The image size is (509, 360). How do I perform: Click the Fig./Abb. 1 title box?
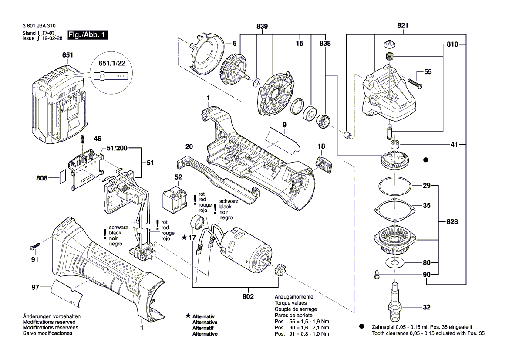coord(87,35)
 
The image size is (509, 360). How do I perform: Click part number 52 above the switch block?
coord(179,177)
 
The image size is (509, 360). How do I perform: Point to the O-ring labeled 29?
coord(395,187)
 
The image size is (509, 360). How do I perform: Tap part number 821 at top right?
coord(403,26)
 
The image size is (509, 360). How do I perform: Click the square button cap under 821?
coord(389,44)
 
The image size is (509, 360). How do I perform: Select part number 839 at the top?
coord(262,26)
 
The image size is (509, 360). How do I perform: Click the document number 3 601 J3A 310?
coord(39,26)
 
